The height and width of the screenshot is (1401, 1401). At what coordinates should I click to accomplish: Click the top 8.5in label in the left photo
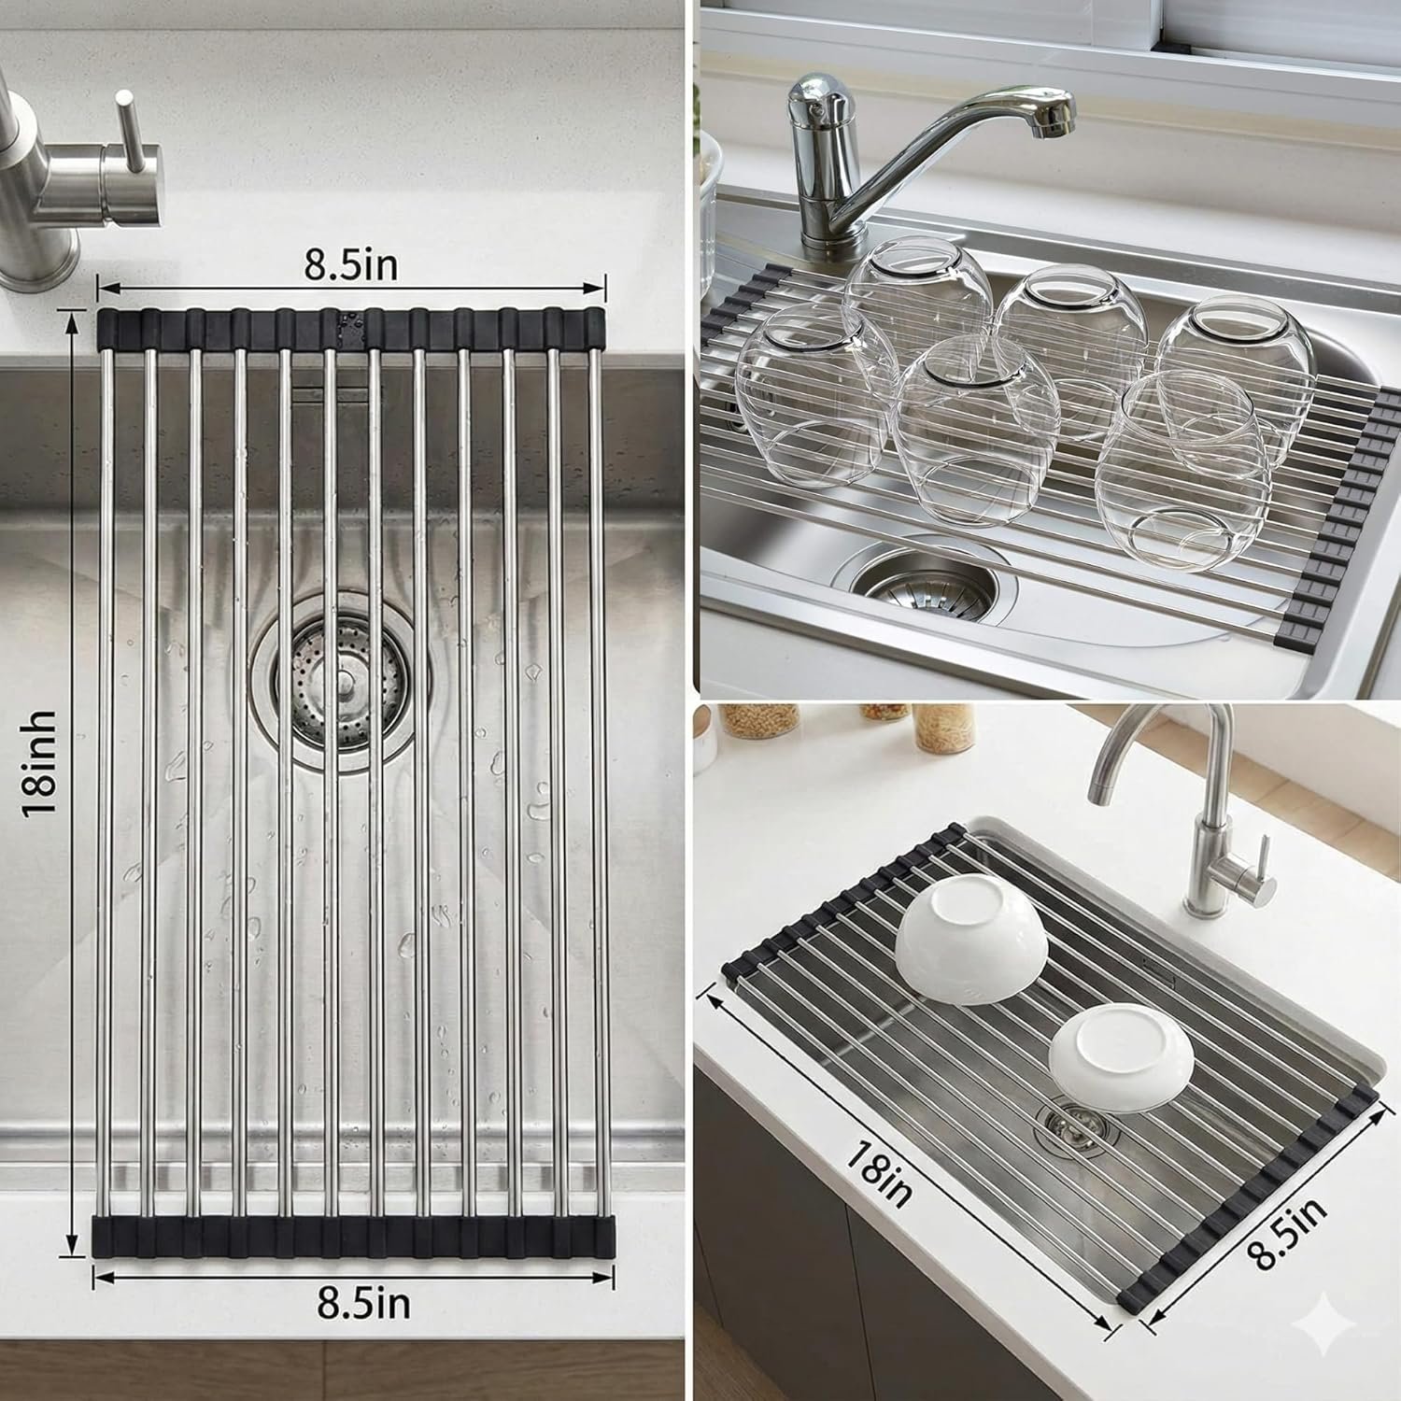coord(350,264)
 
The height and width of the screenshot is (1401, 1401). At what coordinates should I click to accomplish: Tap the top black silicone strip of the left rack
coord(351,326)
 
